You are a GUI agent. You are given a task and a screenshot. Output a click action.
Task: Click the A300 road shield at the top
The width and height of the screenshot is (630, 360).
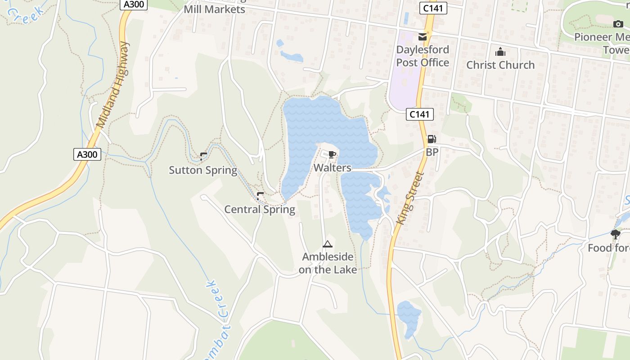134,4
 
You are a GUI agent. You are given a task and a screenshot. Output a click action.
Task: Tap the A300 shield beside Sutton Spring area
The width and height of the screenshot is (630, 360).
87,154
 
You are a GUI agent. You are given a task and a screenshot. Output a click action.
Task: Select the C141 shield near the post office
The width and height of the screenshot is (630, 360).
433,8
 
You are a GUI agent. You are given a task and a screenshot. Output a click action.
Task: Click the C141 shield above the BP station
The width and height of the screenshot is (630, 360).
419,114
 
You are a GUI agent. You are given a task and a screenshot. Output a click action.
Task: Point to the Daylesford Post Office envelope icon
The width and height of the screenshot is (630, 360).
423,36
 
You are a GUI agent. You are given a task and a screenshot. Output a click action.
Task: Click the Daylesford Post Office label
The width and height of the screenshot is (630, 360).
423,56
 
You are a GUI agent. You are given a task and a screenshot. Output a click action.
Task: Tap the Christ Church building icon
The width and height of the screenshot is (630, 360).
500,52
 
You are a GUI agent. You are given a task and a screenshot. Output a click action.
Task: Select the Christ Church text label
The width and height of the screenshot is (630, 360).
500,65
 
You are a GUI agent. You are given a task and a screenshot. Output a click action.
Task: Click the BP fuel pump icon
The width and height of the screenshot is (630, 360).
432,139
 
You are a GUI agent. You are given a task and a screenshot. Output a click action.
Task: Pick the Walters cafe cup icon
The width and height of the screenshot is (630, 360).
332,155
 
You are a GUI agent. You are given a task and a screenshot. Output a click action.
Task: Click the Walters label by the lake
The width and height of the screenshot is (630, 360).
332,168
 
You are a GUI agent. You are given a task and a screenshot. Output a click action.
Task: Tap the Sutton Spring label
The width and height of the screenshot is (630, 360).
203,170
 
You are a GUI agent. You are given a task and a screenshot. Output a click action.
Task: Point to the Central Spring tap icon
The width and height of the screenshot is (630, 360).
260,196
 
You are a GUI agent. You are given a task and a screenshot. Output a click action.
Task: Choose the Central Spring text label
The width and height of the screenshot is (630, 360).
260,209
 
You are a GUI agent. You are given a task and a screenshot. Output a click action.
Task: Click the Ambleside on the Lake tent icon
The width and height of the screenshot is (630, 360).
327,244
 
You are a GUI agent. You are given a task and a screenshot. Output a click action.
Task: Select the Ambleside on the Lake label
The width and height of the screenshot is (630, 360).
328,263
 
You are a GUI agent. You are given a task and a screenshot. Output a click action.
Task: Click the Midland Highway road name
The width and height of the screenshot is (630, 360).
112,84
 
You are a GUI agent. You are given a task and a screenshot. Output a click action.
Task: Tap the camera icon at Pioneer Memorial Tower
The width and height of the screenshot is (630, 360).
618,24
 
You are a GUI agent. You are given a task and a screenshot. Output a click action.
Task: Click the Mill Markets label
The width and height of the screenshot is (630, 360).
214,9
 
